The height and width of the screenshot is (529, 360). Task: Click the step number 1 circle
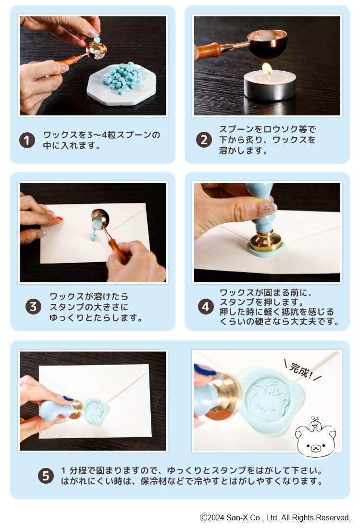click(x=27, y=140)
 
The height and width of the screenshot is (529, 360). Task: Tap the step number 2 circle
click(x=204, y=139)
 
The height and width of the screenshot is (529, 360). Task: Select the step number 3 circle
click(x=33, y=307)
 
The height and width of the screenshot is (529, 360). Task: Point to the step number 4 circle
click(x=206, y=307)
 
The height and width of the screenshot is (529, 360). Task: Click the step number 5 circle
click(x=46, y=476)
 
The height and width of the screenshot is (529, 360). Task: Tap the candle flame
click(x=267, y=68)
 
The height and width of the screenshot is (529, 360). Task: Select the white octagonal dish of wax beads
click(x=122, y=84)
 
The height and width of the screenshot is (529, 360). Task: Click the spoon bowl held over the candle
click(x=267, y=43)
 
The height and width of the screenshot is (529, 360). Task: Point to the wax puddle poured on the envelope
click(x=95, y=237)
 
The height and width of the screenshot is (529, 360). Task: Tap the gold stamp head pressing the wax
click(x=266, y=240)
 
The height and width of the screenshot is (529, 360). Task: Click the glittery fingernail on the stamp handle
click(x=267, y=209)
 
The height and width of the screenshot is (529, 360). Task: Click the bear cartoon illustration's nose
click(x=315, y=448)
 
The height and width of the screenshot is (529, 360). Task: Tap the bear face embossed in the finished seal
click(x=268, y=402)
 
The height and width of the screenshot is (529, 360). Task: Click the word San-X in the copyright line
click(x=237, y=517)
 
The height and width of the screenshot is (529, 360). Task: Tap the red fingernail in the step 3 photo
click(x=59, y=219)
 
